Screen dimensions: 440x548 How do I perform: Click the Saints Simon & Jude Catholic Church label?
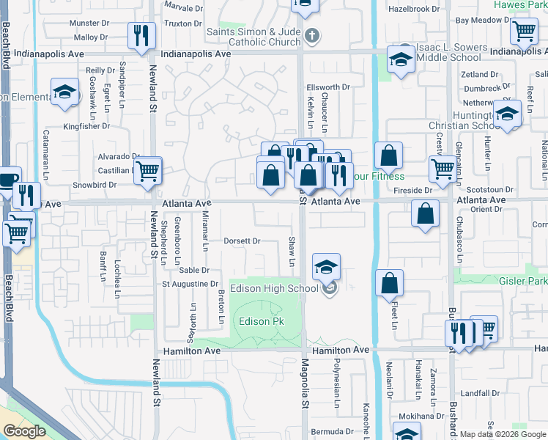(253, 37)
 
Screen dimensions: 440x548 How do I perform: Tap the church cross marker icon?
(311, 34)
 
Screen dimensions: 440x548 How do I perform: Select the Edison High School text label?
(274, 289)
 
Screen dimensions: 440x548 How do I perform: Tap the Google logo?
(24, 430)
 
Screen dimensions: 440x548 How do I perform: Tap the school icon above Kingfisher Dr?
(64, 92)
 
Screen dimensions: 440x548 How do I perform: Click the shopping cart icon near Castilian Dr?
(147, 170)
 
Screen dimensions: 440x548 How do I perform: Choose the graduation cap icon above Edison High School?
(326, 265)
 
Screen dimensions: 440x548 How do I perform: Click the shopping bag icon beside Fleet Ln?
(390, 282)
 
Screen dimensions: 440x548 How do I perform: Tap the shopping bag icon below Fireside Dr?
(425, 214)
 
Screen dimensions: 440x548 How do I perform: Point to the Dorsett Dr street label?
(242, 241)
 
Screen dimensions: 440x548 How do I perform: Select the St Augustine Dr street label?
(190, 284)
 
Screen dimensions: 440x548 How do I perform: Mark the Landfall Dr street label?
(481, 393)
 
